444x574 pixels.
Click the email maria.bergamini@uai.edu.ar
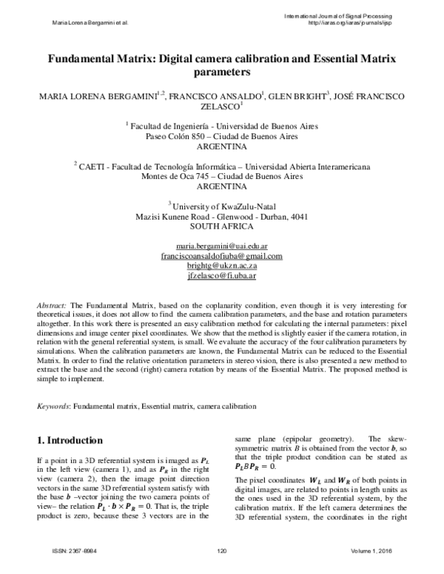[x=221, y=245]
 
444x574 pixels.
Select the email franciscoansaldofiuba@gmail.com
[x=221, y=255]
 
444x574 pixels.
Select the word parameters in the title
[x=222, y=73]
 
